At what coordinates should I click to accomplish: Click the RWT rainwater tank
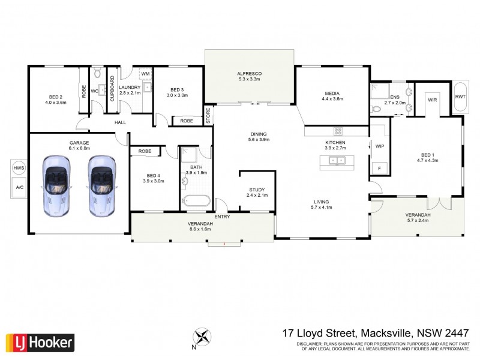point(460,96)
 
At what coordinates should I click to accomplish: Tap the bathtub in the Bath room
point(196,201)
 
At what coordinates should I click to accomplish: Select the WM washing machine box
point(145,74)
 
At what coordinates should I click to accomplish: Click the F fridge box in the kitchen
point(379,169)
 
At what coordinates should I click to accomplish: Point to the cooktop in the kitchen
point(338,131)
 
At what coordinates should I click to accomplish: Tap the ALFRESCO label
point(250,74)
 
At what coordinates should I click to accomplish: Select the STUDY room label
point(256,190)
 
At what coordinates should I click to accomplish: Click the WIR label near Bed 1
point(433,100)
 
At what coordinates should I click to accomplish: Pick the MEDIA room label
point(332,93)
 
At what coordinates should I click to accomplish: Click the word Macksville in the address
point(384,332)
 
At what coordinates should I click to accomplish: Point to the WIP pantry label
point(379,146)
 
